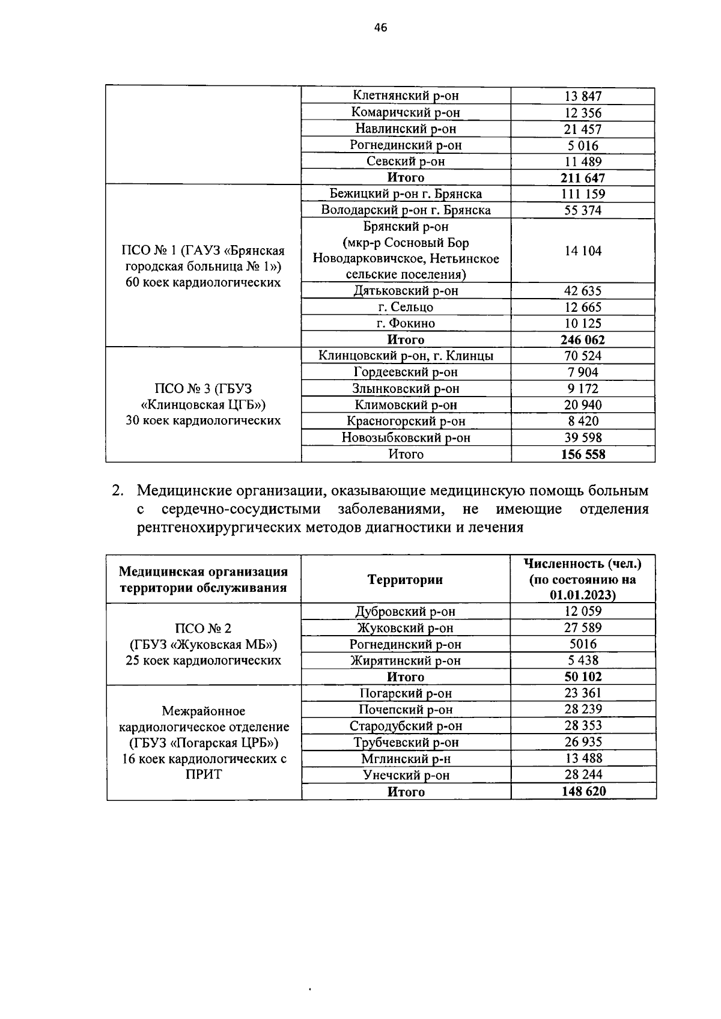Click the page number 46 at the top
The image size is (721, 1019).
(380, 27)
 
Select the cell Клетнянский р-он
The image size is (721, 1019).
(406, 96)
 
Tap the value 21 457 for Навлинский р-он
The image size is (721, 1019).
(583, 129)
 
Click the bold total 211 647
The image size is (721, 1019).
(583, 178)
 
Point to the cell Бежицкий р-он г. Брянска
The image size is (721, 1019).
(406, 193)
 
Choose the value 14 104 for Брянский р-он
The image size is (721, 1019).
(583, 251)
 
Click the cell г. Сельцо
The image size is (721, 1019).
(406, 307)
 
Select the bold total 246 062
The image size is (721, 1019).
(583, 339)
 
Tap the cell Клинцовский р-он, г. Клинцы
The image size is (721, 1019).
(406, 356)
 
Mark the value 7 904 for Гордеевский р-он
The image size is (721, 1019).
(583, 372)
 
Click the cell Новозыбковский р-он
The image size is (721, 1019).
(406, 437)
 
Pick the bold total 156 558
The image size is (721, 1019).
(583, 454)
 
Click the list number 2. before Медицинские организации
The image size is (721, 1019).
(118, 491)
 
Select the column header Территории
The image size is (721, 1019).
(405, 579)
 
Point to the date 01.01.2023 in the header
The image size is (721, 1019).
(582, 595)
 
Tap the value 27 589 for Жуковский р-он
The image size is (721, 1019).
(583, 627)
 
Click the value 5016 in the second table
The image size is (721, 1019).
(583, 644)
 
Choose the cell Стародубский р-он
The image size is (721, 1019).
(406, 726)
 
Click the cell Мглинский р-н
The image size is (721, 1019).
(406, 758)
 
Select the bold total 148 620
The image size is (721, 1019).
(583, 791)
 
